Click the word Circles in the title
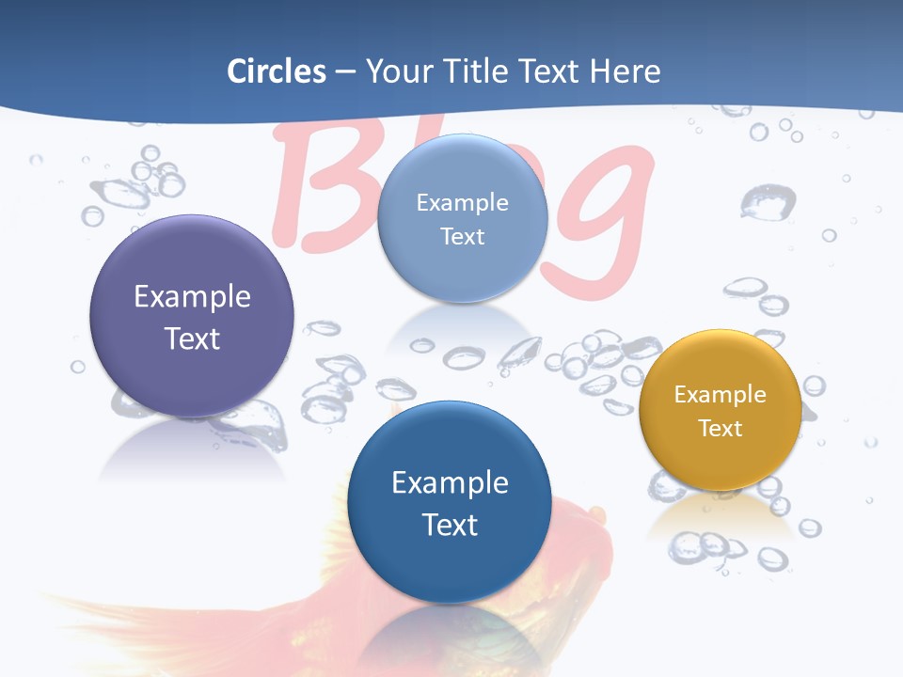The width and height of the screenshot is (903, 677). [x=277, y=71]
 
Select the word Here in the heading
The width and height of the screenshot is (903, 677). [x=626, y=71]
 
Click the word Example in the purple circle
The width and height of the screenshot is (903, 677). [x=192, y=297]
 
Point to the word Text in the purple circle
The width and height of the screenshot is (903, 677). [x=192, y=338]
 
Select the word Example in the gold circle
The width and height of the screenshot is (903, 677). [x=721, y=395]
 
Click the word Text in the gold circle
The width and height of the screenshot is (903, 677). [x=721, y=429]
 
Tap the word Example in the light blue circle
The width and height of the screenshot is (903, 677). [x=462, y=203]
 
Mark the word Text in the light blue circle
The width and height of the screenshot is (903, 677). [x=462, y=236]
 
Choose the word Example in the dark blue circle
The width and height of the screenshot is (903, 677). [x=450, y=483]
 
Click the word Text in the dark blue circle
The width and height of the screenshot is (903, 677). [x=450, y=525]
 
